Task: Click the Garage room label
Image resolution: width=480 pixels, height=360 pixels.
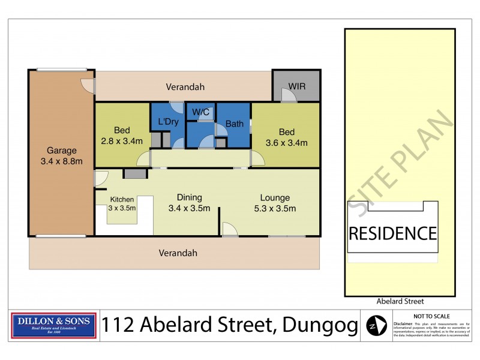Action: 62,151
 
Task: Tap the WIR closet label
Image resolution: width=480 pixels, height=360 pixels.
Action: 297,86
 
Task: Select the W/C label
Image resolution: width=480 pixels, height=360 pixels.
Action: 200,112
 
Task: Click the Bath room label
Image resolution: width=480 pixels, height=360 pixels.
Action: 234,125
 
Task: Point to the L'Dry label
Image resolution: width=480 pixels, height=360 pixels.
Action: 168,122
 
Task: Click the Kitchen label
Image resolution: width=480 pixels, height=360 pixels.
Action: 122,199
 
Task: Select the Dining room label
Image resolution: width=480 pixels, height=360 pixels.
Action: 190,197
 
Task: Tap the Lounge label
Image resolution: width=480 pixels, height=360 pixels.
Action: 275,197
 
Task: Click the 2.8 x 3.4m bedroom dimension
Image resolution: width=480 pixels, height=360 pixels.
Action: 122,142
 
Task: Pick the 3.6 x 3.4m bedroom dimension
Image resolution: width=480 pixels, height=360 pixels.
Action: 287,143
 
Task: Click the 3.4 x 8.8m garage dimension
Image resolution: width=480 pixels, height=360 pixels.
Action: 62,161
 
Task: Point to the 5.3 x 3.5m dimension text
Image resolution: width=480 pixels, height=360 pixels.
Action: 275,208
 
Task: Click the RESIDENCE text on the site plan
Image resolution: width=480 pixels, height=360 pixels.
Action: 392,233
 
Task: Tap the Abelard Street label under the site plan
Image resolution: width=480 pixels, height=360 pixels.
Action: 400,302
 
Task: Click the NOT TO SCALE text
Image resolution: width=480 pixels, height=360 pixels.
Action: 432,316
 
